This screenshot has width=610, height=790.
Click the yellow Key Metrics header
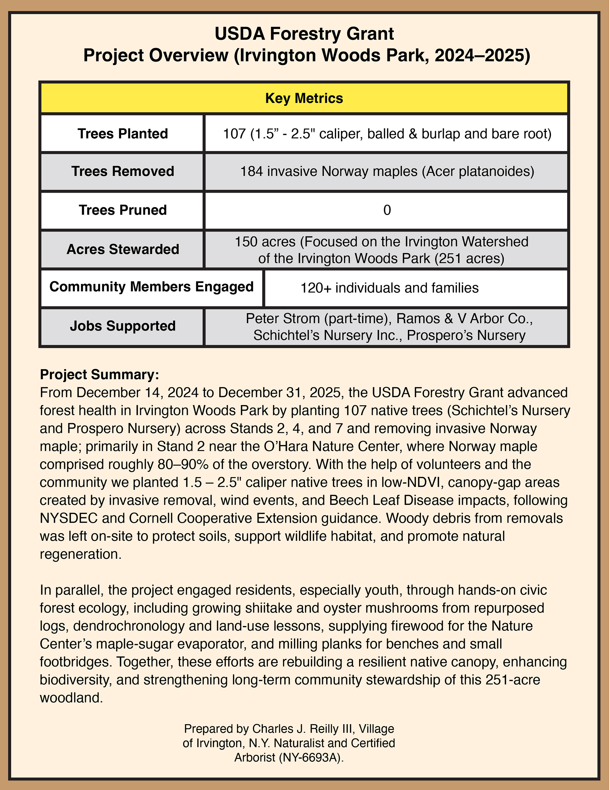click(304, 98)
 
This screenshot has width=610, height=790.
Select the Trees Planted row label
click(123, 134)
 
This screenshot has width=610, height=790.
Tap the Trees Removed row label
click(123, 171)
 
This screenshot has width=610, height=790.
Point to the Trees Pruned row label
click(123, 210)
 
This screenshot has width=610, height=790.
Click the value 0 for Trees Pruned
click(387, 210)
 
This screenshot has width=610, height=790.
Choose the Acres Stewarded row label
click(123, 249)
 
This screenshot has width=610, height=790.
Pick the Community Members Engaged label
click(151, 287)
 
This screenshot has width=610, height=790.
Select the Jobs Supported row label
click(123, 326)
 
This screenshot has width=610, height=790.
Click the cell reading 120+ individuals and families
click(390, 288)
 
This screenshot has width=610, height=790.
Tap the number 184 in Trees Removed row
click(252, 171)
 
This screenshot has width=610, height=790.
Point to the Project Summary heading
click(99, 374)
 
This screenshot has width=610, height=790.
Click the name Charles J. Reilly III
click(303, 729)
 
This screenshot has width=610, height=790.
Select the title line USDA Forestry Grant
click(304, 34)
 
